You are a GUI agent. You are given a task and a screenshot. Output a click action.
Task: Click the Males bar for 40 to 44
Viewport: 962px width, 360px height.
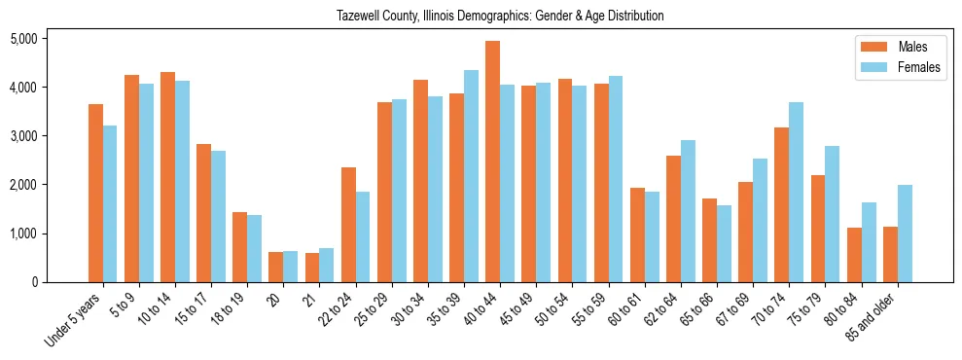pos(492,162)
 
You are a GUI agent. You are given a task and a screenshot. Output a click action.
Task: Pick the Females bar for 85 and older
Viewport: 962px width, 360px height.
pos(905,234)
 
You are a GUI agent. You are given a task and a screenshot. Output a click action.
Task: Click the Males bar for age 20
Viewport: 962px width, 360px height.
pos(276,267)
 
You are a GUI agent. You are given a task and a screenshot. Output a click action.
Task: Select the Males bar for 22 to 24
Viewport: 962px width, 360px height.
pos(348,225)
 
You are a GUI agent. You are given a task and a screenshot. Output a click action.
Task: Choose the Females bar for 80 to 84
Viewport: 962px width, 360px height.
pos(869,242)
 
